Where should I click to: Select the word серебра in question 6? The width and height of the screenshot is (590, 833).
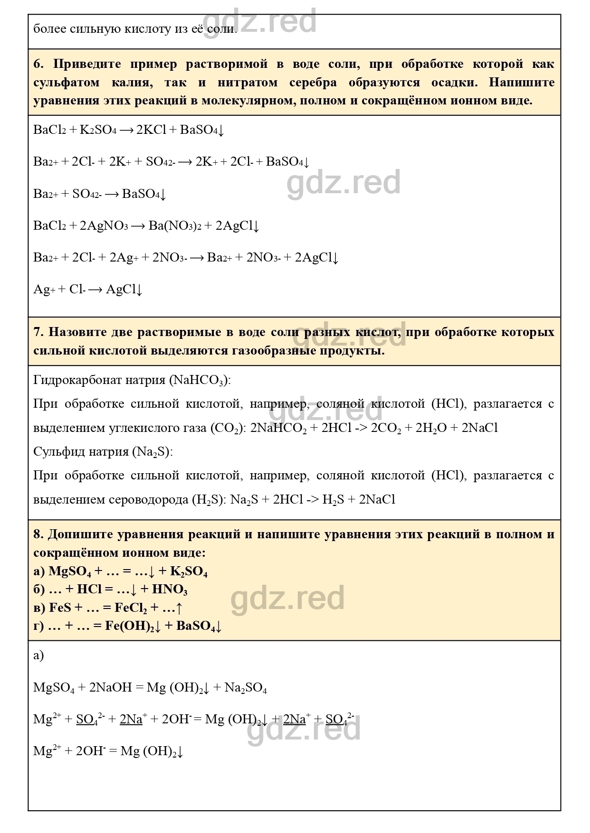click(x=313, y=83)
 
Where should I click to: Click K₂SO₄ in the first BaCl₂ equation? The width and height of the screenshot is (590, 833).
click(x=98, y=130)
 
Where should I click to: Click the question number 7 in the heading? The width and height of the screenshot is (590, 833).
click(x=38, y=332)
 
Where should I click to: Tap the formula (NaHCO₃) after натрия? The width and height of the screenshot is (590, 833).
click(x=200, y=380)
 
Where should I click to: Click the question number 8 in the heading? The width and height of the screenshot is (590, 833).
click(x=38, y=534)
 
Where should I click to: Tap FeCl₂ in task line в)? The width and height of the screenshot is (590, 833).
click(x=131, y=608)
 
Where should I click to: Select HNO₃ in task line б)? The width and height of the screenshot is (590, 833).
click(x=170, y=590)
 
